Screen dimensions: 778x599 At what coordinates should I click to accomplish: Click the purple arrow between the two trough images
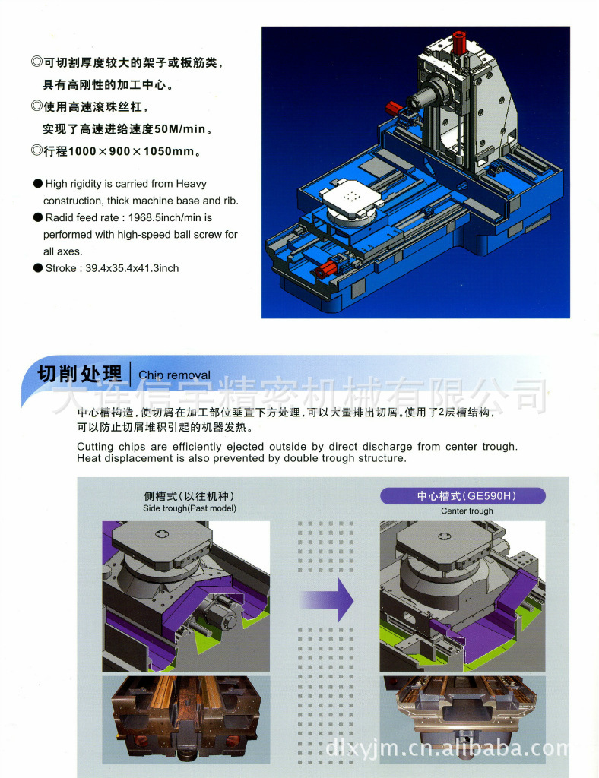(334, 599)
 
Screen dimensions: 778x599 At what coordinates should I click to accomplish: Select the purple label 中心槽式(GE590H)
(462, 496)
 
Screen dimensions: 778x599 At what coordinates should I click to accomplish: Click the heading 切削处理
(80, 374)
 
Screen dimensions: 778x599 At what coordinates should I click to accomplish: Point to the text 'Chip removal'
(174, 375)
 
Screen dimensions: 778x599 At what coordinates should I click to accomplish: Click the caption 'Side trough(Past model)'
(189, 508)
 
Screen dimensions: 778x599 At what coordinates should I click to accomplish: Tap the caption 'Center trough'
(467, 511)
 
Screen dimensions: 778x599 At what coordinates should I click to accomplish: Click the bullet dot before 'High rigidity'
(37, 184)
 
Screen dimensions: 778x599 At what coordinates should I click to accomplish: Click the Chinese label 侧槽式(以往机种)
(189, 496)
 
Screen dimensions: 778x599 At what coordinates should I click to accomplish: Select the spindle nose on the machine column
(417, 100)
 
